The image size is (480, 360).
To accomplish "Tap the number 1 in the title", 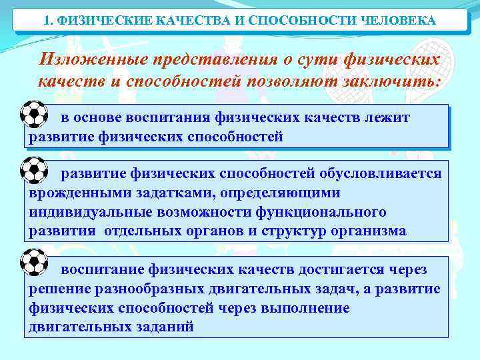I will (x=46, y=21).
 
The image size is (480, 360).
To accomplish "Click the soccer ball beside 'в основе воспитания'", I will (x=33, y=115).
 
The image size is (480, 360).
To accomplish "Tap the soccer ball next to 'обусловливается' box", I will (x=33, y=171).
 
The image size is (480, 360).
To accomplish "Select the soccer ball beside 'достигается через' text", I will (x=33, y=261).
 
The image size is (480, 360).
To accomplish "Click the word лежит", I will (x=390, y=118).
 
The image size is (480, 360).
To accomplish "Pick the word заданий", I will (x=163, y=327).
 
